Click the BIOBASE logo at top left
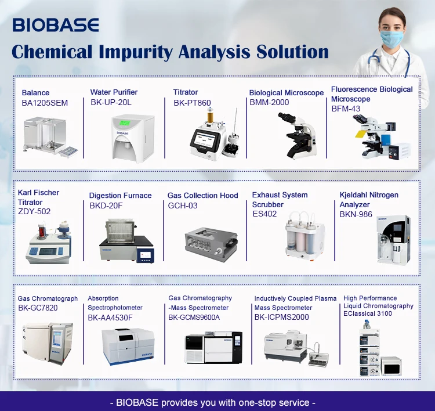click(x=56, y=25)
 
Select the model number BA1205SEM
click(x=45, y=103)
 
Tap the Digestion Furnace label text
click(x=120, y=196)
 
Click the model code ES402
click(x=264, y=214)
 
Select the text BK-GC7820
click(x=38, y=308)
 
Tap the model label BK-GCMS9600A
click(x=198, y=318)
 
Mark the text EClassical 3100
click(x=368, y=314)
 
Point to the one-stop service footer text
click(x=217, y=402)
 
